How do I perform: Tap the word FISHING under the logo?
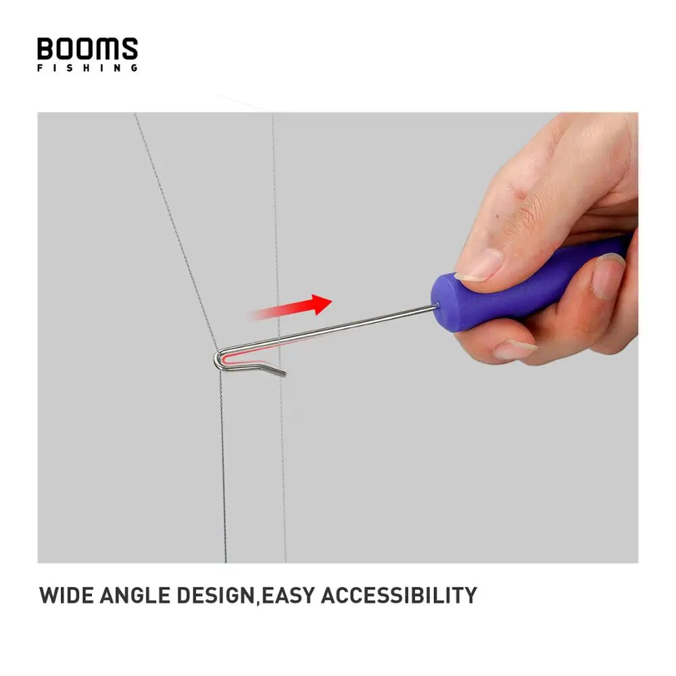pyautogui.click(x=87, y=68)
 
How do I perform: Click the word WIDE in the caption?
pyautogui.click(x=66, y=596)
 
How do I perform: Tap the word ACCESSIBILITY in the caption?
pyautogui.click(x=399, y=596)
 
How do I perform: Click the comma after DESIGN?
pyautogui.click(x=258, y=603)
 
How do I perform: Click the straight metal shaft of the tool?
pyautogui.click(x=338, y=330)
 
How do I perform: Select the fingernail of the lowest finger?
pyautogui.click(x=514, y=349)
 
